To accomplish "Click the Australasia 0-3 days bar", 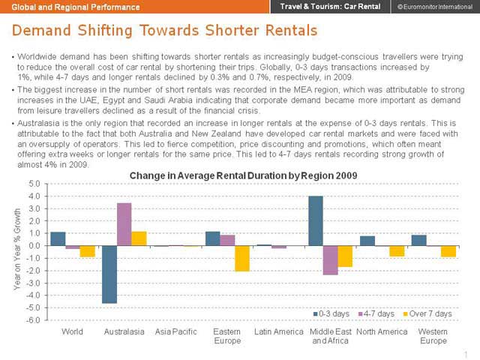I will point(109,274).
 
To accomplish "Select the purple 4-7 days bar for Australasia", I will point(124,224).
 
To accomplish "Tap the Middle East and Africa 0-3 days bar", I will point(316,221).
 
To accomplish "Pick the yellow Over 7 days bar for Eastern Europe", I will point(241,258).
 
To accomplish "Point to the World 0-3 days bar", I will point(58,239).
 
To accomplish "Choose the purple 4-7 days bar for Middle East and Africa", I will point(330,260).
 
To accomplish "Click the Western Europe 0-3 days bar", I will point(419,241).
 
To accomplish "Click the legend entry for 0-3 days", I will point(329,313).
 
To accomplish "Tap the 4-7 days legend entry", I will point(376,313).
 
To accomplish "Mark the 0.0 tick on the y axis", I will point(33,246).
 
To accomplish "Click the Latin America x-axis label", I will point(278,331).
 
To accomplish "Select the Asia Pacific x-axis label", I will point(175,331).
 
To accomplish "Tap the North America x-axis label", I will point(382,331).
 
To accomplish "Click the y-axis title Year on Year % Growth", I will point(17,252).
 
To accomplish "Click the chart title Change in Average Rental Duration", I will point(243,175).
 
